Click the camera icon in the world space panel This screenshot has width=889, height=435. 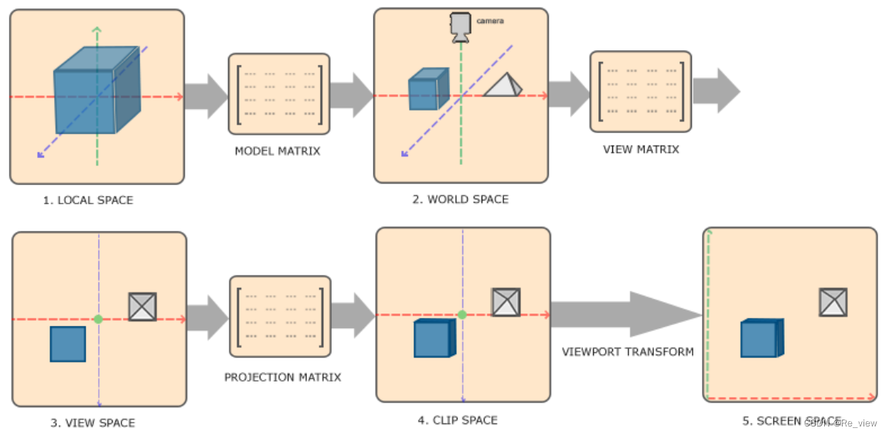(x=462, y=27)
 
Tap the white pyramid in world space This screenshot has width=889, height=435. (x=502, y=85)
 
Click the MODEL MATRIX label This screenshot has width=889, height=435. (x=278, y=151)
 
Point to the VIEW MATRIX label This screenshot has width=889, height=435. (x=641, y=149)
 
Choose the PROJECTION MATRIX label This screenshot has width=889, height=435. (x=282, y=377)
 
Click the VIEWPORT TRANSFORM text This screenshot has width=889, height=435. (x=627, y=351)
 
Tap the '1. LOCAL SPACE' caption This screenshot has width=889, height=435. (x=88, y=200)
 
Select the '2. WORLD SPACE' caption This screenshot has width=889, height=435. (x=460, y=199)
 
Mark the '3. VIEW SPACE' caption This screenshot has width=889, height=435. (x=93, y=423)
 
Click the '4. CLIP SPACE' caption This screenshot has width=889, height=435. (x=458, y=420)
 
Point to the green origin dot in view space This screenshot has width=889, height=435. (x=98, y=319)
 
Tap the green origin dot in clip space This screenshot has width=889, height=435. (x=462, y=314)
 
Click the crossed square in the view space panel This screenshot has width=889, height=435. (x=142, y=307)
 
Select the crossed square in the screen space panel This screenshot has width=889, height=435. (x=833, y=302)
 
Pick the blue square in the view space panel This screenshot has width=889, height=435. (x=68, y=344)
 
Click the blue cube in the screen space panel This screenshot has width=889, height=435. (x=761, y=338)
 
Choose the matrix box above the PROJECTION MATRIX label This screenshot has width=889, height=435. (x=280, y=316)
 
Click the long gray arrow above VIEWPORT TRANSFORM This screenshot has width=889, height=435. (x=626, y=314)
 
